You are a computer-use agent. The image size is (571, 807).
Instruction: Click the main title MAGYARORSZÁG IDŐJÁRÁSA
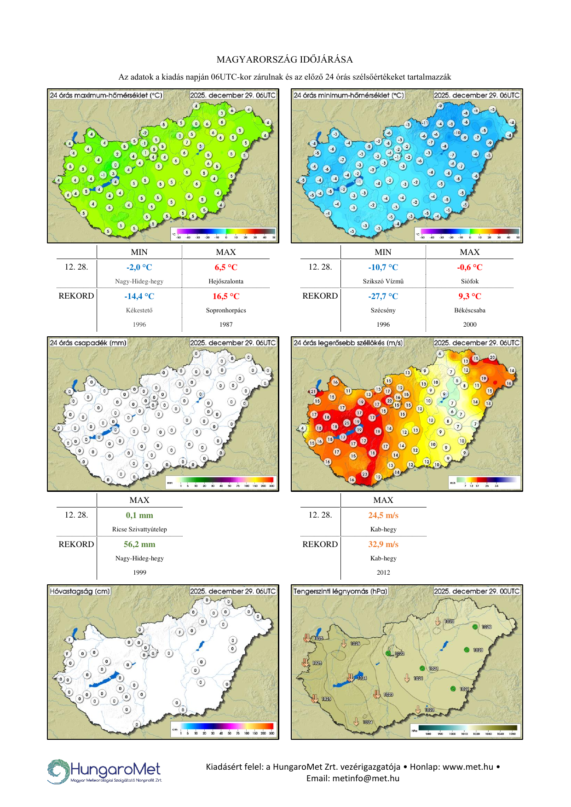pos(285,59)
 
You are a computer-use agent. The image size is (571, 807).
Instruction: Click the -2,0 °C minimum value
pos(139,267)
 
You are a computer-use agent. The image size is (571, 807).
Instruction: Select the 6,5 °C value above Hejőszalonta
pos(226,267)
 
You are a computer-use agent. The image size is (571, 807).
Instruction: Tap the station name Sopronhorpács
pos(226,311)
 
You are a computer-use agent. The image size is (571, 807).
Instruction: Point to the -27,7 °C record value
pos(383,296)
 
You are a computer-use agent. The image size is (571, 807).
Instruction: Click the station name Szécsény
pos(383,311)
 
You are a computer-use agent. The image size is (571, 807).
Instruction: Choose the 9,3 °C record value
pos(469,296)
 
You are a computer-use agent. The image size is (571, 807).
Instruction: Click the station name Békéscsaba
pos(469,311)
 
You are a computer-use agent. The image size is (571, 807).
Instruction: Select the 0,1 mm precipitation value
pos(139,515)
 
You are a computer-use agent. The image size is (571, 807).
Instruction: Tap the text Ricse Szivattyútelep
pos(139,530)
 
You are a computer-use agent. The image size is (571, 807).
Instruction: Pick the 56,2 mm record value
pos(139,544)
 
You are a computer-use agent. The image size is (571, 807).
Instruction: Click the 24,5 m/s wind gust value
pos(383,515)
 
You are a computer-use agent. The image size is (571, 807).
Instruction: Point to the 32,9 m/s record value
pos(383,544)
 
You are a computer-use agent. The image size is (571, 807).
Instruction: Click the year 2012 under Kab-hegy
pos(383,573)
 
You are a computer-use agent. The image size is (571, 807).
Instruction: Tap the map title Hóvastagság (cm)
pos(80,591)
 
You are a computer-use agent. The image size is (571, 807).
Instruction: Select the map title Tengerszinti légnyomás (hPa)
pos(340,591)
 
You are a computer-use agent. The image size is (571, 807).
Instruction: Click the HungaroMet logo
pos(104,771)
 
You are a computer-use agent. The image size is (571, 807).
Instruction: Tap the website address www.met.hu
pos(468,767)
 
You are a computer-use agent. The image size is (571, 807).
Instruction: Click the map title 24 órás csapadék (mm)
pos(88,343)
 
